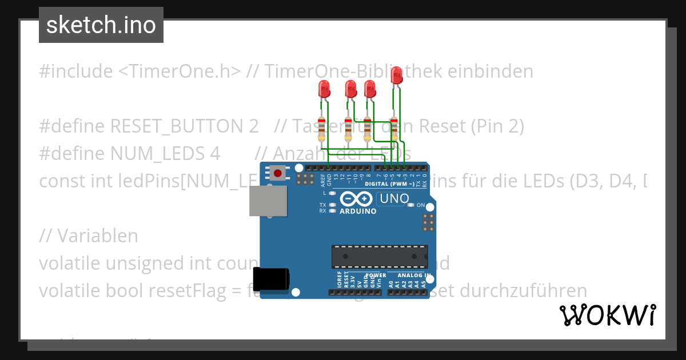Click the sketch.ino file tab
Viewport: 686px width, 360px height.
pos(101,25)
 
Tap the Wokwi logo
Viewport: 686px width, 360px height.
pos(607,315)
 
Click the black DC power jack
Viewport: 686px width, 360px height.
pos(272,278)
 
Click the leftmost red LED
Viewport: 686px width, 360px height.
pos(324,89)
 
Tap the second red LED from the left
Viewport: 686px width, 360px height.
pos(350,89)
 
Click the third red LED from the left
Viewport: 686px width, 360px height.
pos(370,89)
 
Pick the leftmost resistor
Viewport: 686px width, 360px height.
pos(322,129)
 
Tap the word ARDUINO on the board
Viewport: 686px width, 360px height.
pos(358,211)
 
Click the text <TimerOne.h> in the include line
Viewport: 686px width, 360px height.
pos(180,71)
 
